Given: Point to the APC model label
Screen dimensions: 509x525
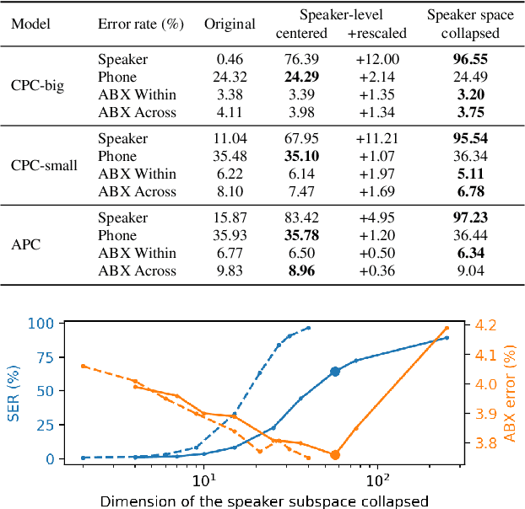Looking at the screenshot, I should [25, 244].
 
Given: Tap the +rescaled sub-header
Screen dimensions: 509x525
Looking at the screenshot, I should [376, 33].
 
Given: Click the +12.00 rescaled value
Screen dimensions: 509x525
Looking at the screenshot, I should [376, 60].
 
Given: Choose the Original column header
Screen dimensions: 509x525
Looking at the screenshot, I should [229, 24].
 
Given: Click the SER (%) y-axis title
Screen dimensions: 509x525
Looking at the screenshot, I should [11, 391].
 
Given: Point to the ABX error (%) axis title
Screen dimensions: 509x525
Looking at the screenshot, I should [510, 391].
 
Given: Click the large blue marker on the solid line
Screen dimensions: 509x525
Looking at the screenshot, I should [335, 372].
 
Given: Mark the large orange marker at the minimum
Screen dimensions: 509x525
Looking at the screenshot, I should [335, 455].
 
